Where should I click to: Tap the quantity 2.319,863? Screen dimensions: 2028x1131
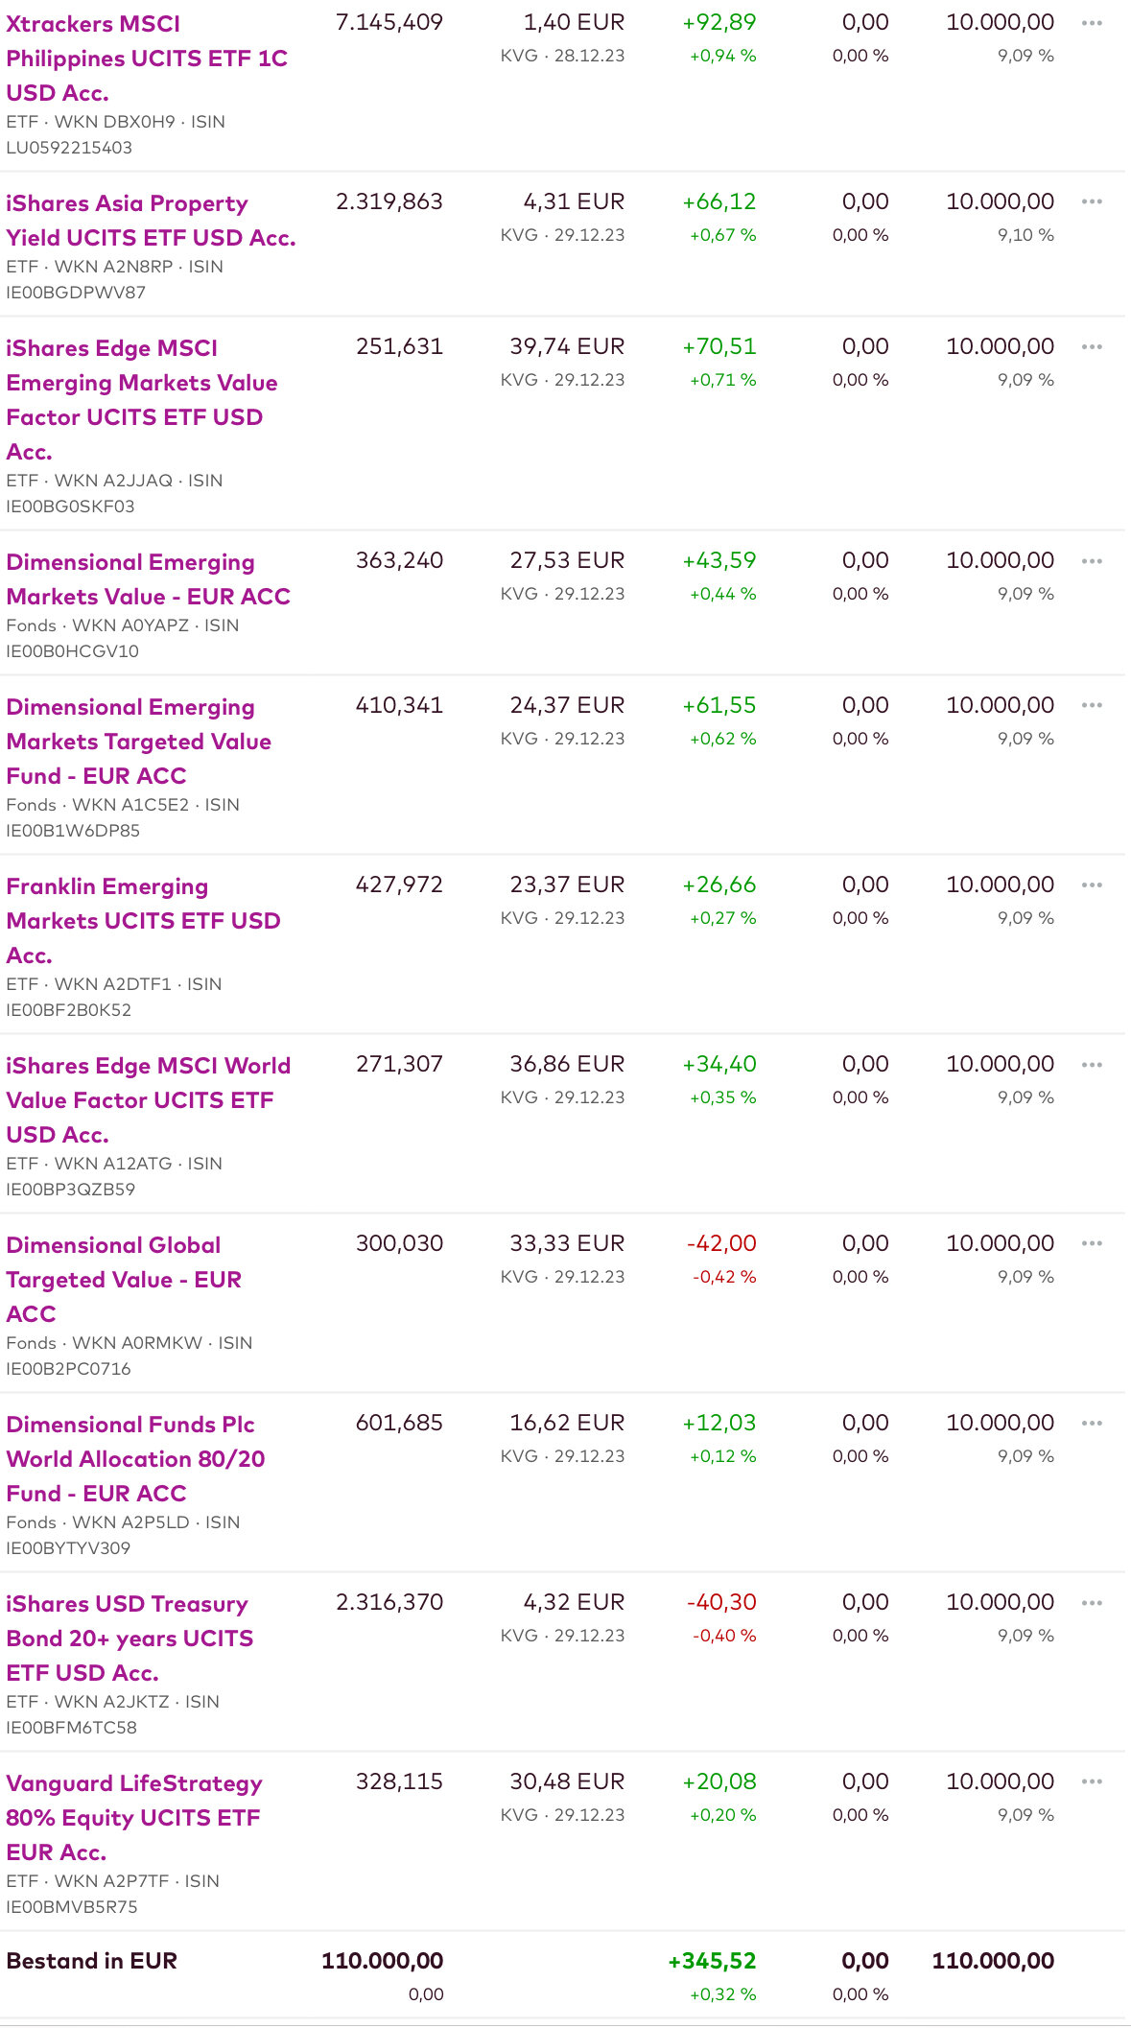point(389,201)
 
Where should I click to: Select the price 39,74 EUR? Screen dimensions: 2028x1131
point(566,346)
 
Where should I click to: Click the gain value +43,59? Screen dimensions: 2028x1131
point(719,560)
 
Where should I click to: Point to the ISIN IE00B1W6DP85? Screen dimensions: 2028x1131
point(73,831)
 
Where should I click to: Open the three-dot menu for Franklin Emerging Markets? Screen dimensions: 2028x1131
point(1092,884)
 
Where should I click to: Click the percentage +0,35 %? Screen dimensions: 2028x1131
point(722,1097)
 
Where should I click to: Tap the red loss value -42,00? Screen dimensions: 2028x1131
point(721,1243)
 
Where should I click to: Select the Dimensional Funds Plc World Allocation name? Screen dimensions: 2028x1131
point(135,1458)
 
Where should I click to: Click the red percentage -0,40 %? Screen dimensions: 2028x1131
point(724,1636)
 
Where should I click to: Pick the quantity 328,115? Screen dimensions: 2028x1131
point(399,1781)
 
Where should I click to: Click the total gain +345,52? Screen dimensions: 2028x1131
point(712,1961)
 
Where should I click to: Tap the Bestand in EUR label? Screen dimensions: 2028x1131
point(92,1961)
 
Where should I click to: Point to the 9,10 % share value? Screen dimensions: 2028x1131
point(1025,235)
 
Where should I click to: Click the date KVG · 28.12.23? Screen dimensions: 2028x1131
point(562,56)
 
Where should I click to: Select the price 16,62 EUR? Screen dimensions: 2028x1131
point(566,1423)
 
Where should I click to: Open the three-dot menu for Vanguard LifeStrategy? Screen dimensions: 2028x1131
point(1092,1781)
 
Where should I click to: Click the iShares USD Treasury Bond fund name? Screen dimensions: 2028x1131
point(130,1638)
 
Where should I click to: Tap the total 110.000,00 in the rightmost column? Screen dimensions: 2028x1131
point(993,1961)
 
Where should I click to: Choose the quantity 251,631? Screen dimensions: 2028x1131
point(399,346)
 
